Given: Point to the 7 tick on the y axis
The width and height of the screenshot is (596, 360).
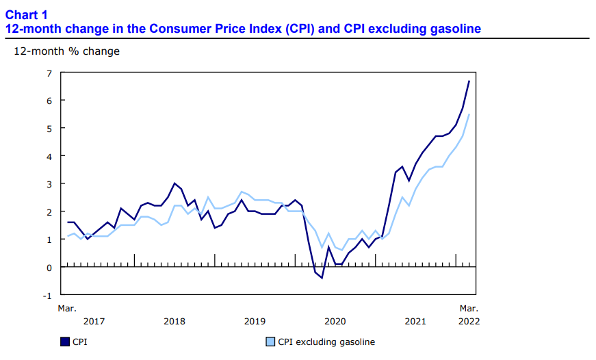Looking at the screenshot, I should pos(49,73).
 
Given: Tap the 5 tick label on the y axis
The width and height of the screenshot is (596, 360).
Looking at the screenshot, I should pos(49,128).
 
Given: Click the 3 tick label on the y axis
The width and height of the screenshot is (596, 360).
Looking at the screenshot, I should pos(49,184).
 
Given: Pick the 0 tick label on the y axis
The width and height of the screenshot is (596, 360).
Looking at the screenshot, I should pos(49,268).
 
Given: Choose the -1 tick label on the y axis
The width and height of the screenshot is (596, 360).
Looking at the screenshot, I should pos(47,296).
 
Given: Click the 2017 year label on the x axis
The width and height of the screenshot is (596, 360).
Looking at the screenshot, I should pos(94,321).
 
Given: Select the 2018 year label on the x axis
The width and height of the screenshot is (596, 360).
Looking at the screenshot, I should pos(174,321).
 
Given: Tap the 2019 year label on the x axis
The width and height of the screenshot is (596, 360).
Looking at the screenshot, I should pos(255,321).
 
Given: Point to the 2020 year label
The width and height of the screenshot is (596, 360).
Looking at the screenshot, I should pos(335,321).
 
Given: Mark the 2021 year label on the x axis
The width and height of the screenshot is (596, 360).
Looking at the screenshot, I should pos(415,321).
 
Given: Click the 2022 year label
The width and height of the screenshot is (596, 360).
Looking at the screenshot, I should pos(469,321).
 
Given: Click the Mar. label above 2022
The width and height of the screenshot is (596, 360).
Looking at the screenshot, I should pos(469,308).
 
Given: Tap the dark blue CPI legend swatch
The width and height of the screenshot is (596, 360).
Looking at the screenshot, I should pos(65,342).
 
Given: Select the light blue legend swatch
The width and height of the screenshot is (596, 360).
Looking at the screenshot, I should pos(270,342).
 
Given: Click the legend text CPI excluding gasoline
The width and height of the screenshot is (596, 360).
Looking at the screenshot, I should pos(326,342).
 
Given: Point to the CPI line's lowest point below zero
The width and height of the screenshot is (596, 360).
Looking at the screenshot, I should pos(322,278).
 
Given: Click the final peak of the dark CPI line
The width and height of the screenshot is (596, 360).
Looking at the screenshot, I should pos(469,81).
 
